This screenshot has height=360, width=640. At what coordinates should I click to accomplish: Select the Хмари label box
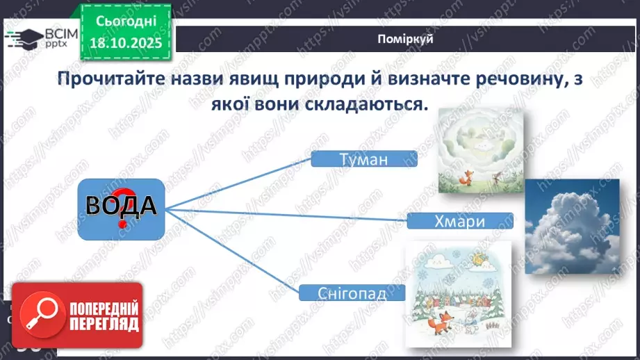click(461, 221)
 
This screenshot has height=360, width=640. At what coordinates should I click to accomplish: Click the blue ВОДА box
click(121, 209)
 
